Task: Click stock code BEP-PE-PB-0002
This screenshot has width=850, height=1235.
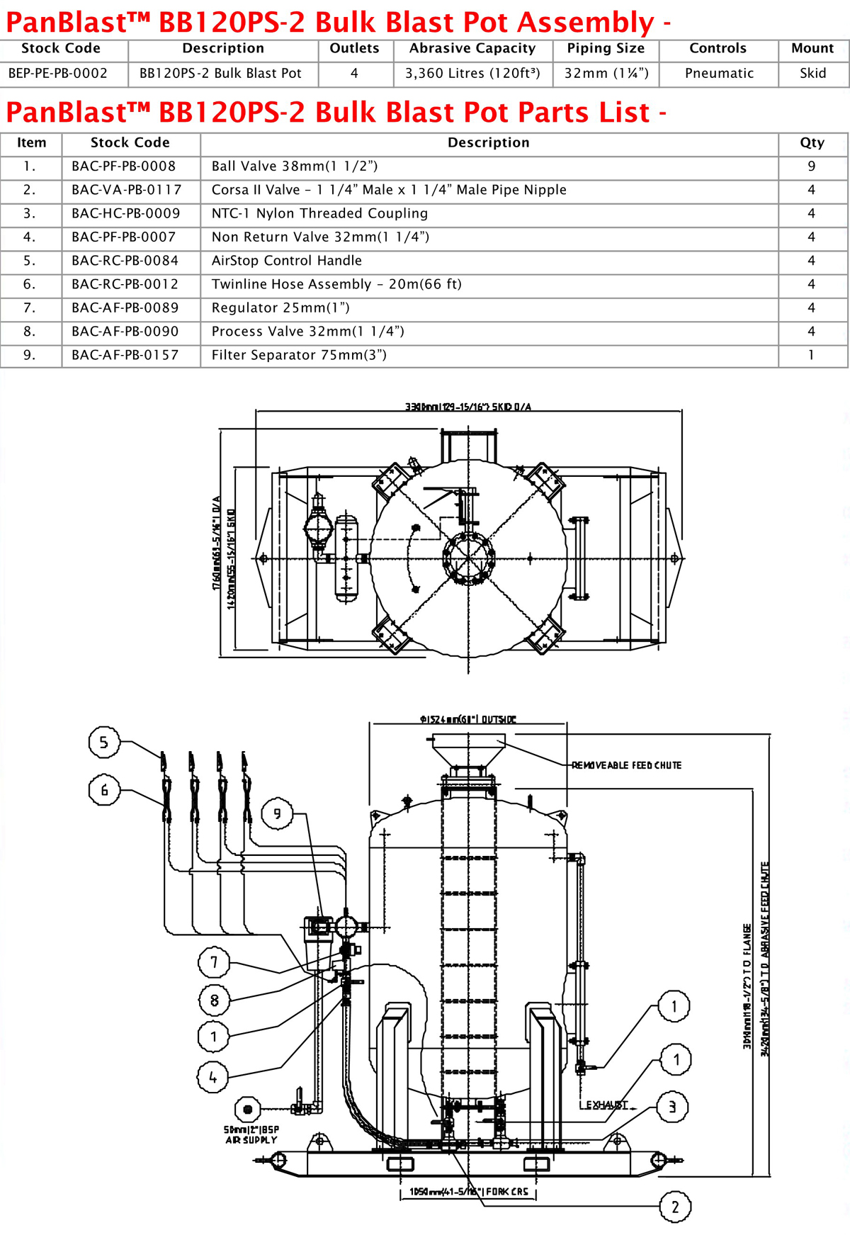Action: pyautogui.click(x=58, y=73)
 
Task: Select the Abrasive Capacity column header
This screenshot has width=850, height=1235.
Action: pyautogui.click(x=472, y=48)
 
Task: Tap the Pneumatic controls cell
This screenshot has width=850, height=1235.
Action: pyautogui.click(x=719, y=73)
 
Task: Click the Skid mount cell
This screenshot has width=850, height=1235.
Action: pyautogui.click(x=812, y=73)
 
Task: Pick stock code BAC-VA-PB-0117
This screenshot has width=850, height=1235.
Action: pyautogui.click(x=126, y=190)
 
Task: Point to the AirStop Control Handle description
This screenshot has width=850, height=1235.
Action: pyautogui.click(x=286, y=261)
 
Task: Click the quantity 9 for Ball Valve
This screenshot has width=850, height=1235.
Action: pyautogui.click(x=812, y=167)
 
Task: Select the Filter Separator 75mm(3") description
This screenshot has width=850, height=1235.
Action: pyautogui.click(x=299, y=355)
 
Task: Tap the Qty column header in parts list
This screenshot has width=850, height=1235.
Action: pyautogui.click(x=812, y=142)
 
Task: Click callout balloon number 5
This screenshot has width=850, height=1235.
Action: pyautogui.click(x=104, y=742)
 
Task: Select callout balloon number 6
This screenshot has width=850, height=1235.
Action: pyautogui.click(x=104, y=790)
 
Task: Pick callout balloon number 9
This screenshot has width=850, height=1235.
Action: pyautogui.click(x=277, y=813)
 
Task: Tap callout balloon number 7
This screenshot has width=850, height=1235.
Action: pyautogui.click(x=214, y=962)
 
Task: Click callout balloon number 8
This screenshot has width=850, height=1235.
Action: pyautogui.click(x=214, y=1000)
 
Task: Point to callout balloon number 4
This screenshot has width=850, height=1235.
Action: pyautogui.click(x=212, y=1078)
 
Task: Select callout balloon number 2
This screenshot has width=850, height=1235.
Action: pyautogui.click(x=675, y=1207)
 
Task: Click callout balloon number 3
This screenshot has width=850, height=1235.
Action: pyautogui.click(x=672, y=1107)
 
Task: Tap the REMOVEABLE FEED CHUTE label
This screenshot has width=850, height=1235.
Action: pyautogui.click(x=626, y=765)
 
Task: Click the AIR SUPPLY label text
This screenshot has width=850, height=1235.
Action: pyautogui.click(x=251, y=1140)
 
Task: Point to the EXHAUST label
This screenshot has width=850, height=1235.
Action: pyautogui.click(x=604, y=1105)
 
